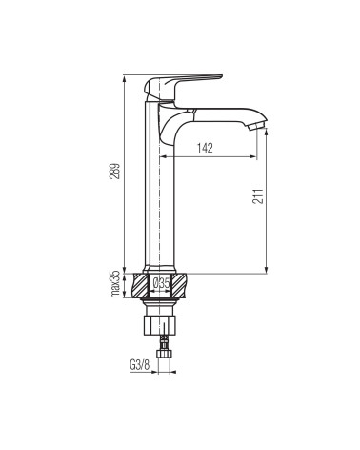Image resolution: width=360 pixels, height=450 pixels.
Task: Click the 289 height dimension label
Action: [x=115, y=172]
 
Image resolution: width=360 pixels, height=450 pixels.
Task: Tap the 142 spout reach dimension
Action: [x=205, y=148]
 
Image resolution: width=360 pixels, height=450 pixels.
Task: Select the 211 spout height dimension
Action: [x=258, y=195]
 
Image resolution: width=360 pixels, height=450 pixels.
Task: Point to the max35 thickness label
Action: [x=115, y=284]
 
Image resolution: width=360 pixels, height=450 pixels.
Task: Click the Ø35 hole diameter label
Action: [x=161, y=282]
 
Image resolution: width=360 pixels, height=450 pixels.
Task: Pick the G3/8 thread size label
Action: [x=139, y=364]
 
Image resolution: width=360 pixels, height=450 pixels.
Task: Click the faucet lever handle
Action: [x=183, y=88]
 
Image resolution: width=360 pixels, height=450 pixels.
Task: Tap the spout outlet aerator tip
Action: [x=257, y=126]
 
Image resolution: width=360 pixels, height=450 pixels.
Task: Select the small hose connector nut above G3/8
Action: [x=164, y=353]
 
